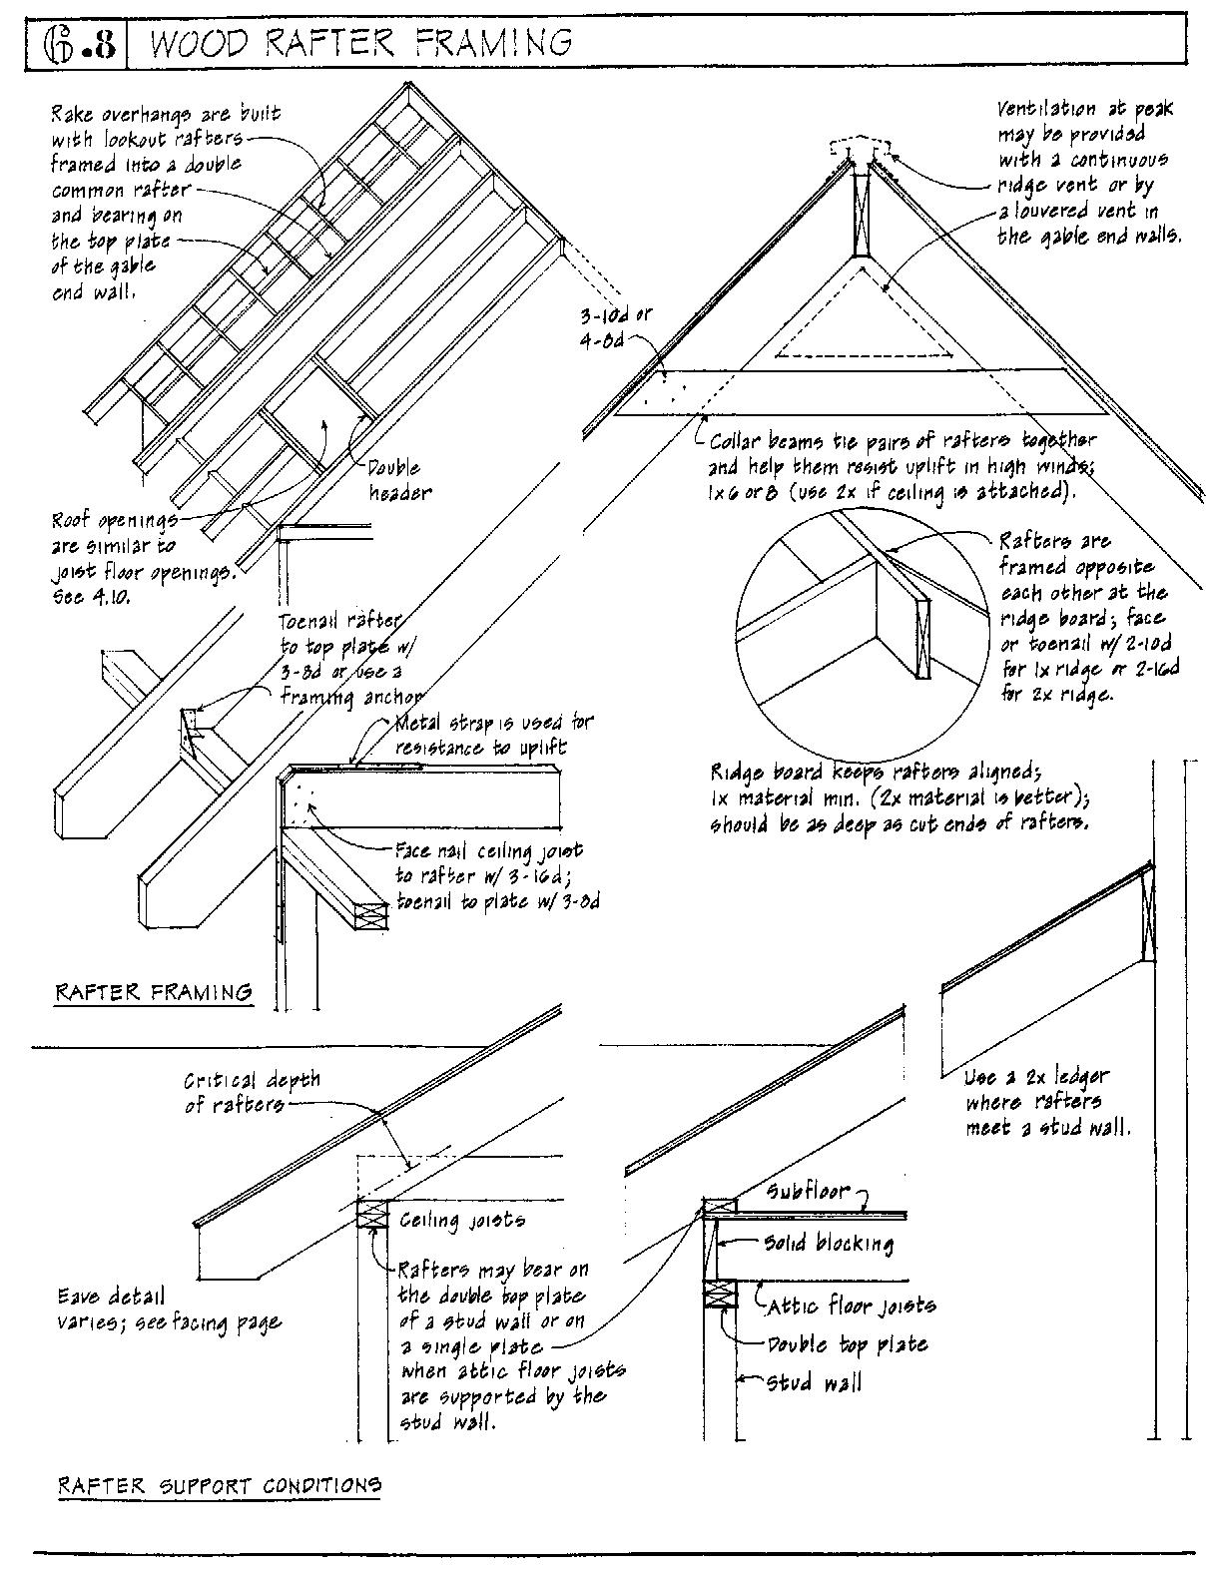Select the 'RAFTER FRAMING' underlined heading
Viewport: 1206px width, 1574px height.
coord(153,992)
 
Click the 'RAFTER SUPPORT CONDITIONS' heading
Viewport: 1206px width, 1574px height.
coord(220,1485)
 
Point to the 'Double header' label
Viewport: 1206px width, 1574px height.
coord(395,480)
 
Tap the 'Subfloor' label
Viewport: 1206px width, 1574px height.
coord(809,1191)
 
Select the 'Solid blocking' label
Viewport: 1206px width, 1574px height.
coord(828,1243)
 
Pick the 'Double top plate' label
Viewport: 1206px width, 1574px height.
coord(848,1344)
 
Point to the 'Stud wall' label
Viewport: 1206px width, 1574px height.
coord(813,1383)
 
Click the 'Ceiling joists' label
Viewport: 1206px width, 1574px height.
coord(462,1220)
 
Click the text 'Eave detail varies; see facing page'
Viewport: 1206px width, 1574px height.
coord(168,1310)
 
